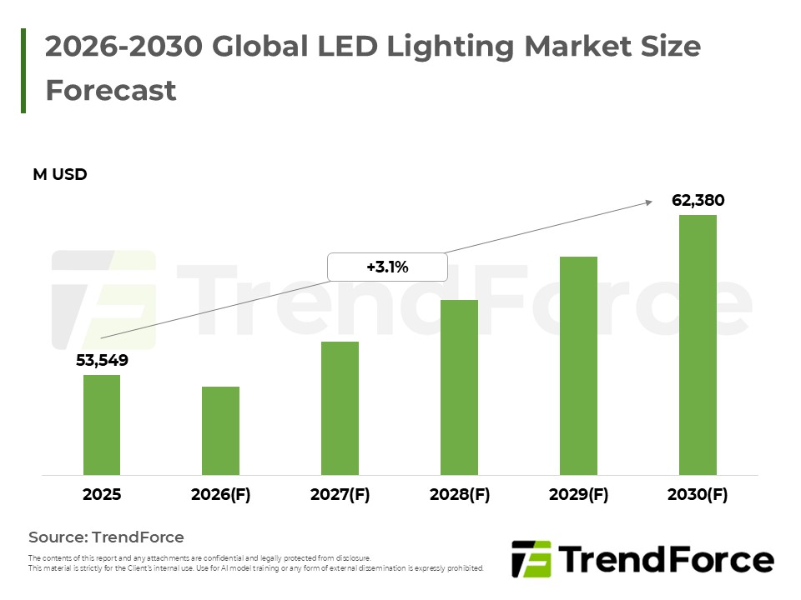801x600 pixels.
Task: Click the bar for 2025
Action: [101, 425]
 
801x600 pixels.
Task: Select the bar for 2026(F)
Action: [220, 431]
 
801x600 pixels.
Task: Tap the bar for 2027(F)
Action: [340, 408]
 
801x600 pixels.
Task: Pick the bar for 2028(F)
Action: [459, 387]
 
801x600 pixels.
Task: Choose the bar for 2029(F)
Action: [578, 366]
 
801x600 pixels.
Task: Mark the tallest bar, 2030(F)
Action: [698, 345]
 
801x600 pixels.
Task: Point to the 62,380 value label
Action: [698, 200]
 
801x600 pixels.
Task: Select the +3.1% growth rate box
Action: [387, 267]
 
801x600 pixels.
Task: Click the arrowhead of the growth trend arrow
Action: [647, 201]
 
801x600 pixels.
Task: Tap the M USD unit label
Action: [60, 174]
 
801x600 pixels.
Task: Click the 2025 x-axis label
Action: [101, 494]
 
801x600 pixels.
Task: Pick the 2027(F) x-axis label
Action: [340, 494]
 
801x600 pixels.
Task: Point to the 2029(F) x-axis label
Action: [578, 494]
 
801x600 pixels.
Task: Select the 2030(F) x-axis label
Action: [698, 494]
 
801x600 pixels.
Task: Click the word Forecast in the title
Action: [111, 90]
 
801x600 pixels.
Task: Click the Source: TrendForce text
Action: [106, 537]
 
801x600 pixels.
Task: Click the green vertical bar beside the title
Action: [23, 70]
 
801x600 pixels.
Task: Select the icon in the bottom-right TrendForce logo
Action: [531, 559]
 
